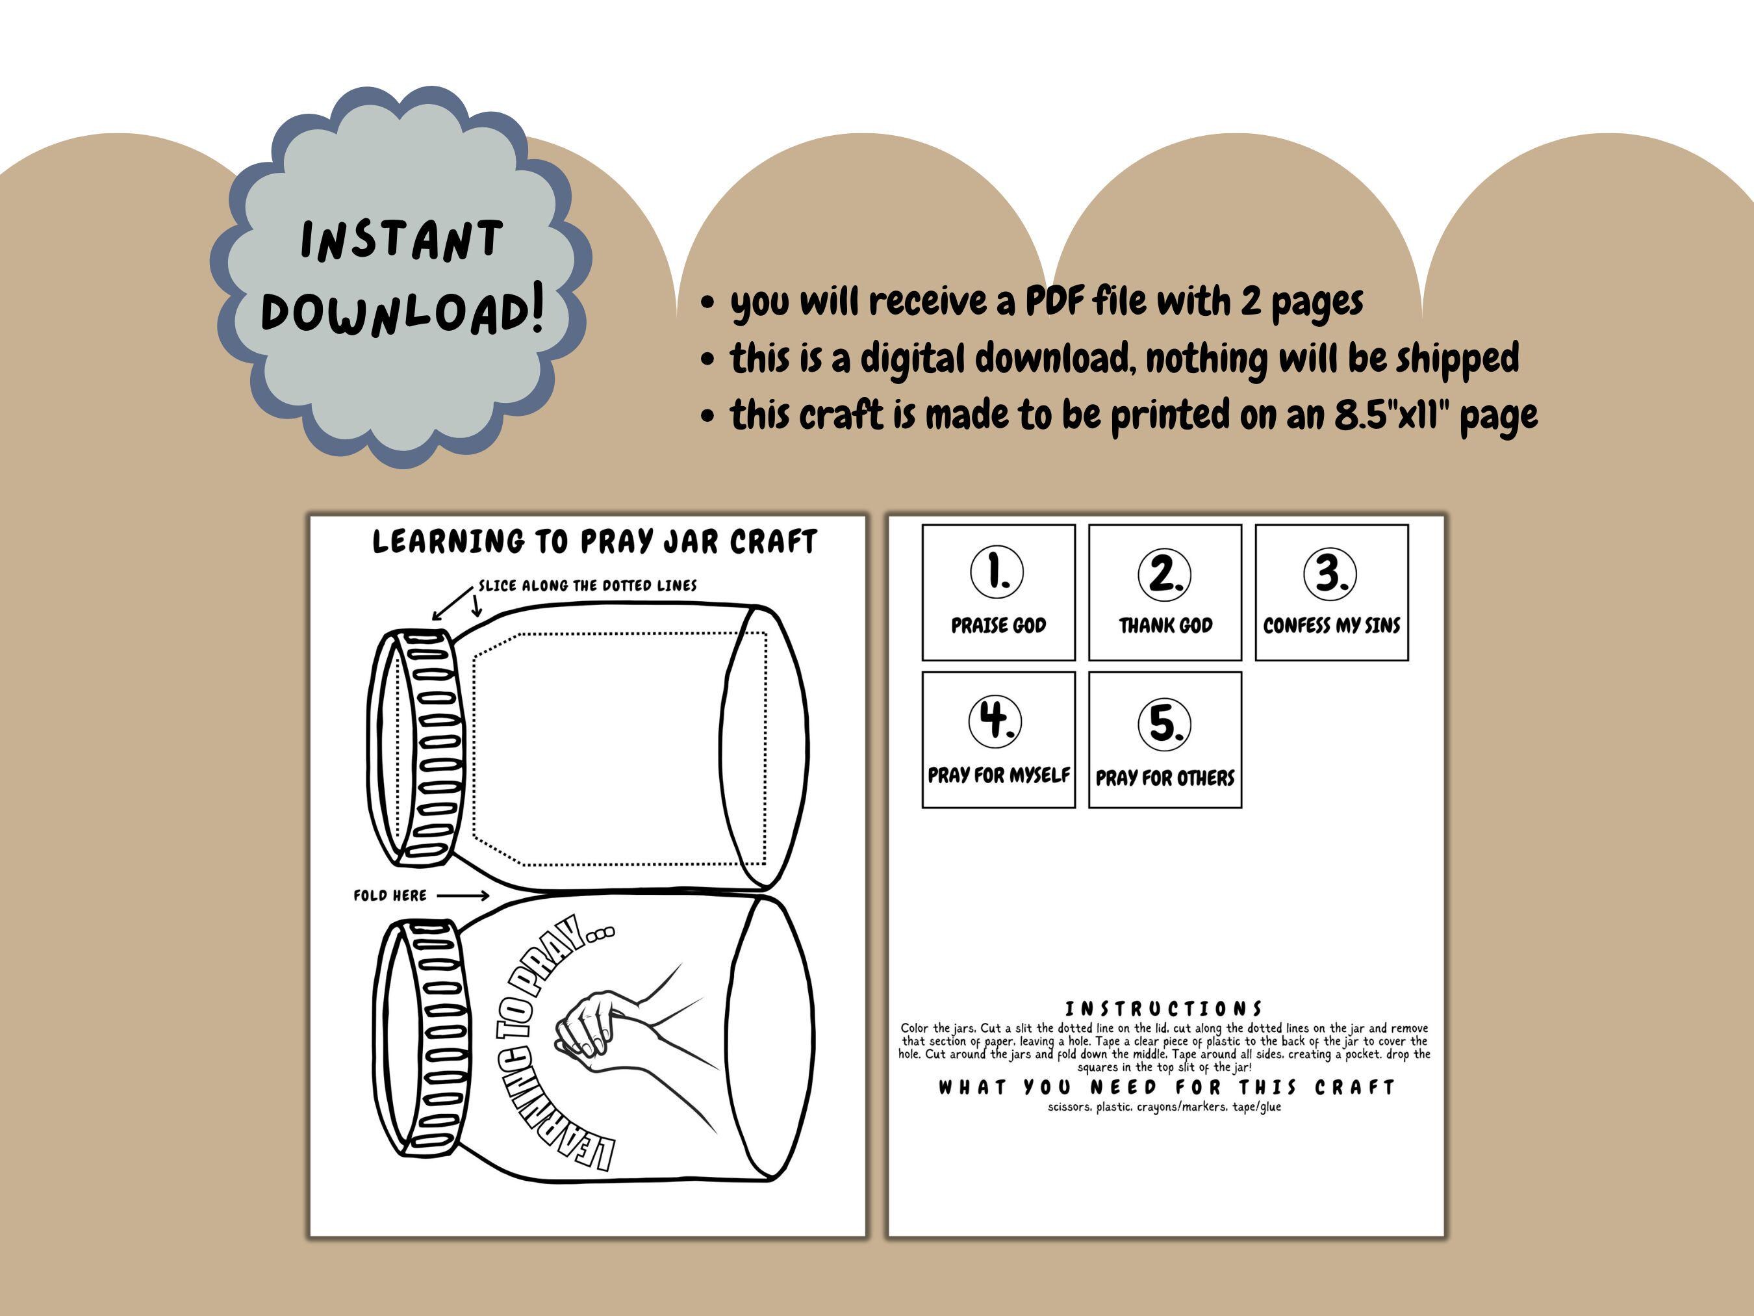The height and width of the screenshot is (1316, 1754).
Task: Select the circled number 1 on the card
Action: [x=997, y=571]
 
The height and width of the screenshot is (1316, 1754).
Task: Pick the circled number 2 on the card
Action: [x=1164, y=574]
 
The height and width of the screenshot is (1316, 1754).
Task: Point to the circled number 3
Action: [x=1330, y=573]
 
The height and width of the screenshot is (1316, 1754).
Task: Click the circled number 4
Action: [x=995, y=720]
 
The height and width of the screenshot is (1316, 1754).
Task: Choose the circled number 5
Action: [x=1164, y=723]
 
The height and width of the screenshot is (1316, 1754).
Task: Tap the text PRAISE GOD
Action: [x=998, y=625]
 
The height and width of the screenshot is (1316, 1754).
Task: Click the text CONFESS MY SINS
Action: [x=1331, y=625]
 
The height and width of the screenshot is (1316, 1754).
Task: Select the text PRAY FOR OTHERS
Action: [x=1165, y=777]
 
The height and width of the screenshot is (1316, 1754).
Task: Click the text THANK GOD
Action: [x=1165, y=625]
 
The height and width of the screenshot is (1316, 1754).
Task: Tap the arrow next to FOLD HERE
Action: [x=463, y=896]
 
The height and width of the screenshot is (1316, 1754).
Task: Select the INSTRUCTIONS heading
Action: [x=1163, y=1009]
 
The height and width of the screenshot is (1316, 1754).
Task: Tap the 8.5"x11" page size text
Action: [x=1392, y=414]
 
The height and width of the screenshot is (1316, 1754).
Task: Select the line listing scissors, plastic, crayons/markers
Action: [x=1164, y=1107]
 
